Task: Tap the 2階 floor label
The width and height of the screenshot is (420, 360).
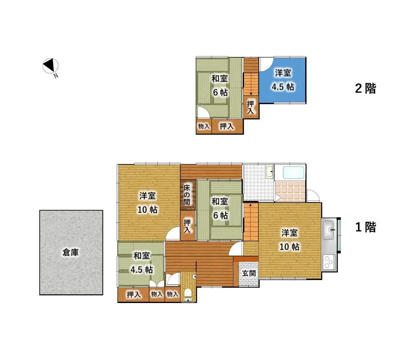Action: pyautogui.click(x=365, y=88)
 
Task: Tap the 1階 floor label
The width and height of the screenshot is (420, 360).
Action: pyautogui.click(x=365, y=227)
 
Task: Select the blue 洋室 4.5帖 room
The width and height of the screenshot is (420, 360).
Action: pyautogui.click(x=283, y=80)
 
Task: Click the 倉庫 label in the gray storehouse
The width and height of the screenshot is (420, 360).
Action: pyautogui.click(x=71, y=253)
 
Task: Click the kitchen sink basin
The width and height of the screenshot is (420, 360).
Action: pyautogui.click(x=329, y=230)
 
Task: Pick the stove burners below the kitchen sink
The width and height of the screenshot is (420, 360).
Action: pyautogui.click(x=329, y=262)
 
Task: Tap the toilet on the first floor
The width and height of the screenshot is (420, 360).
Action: pyautogui.click(x=187, y=294)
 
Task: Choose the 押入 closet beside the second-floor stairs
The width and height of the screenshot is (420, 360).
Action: pyautogui.click(x=251, y=108)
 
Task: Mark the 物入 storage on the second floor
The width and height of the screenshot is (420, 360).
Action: pyautogui.click(x=203, y=127)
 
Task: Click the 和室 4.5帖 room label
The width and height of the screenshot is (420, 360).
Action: pyautogui.click(x=142, y=262)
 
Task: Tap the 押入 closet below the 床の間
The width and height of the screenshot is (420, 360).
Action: pyautogui.click(x=187, y=226)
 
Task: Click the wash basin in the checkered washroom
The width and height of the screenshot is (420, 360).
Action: pyautogui.click(x=269, y=171)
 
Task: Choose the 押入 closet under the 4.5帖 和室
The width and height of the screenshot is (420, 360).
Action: pyautogui.click(x=133, y=294)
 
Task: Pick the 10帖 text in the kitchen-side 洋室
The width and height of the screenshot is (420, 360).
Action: pyautogui.click(x=290, y=247)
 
